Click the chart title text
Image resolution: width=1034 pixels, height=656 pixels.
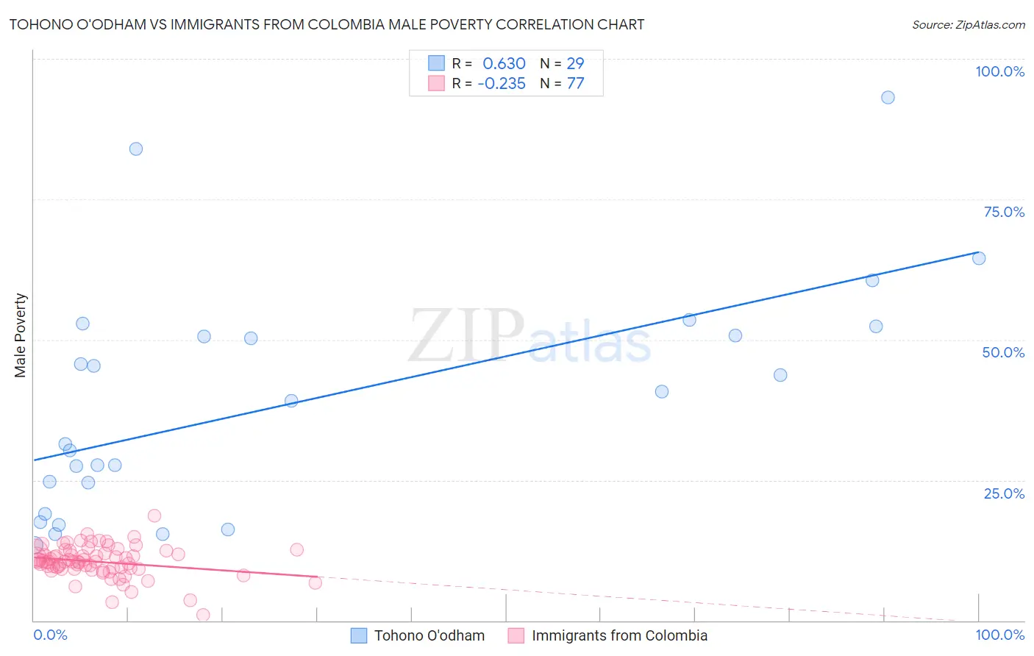pyautogui.click(x=327, y=24)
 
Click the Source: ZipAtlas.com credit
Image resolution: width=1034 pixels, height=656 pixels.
pyautogui.click(x=968, y=24)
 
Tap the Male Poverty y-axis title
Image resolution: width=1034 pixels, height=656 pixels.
pyautogui.click(x=20, y=335)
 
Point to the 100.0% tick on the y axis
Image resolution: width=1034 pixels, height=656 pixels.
pyautogui.click(x=999, y=71)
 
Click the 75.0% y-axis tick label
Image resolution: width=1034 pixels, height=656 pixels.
pyautogui.click(x=1004, y=212)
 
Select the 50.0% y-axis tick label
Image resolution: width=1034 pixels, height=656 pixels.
pyautogui.click(x=1003, y=352)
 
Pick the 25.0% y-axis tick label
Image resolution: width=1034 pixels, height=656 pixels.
pyautogui.click(x=1004, y=493)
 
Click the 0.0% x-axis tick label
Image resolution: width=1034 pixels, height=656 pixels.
pyautogui.click(x=50, y=635)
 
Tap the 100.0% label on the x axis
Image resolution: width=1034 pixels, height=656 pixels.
pyautogui.click(x=999, y=635)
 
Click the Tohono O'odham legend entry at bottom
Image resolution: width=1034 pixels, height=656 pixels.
pyautogui.click(x=429, y=635)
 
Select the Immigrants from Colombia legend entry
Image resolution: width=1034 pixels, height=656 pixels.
pyautogui.click(x=619, y=635)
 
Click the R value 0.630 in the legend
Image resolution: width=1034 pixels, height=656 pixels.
pyautogui.click(x=504, y=63)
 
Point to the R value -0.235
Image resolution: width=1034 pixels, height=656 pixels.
pyautogui.click(x=502, y=84)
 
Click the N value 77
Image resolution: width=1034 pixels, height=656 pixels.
pyautogui.click(x=575, y=84)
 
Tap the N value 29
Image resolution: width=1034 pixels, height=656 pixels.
pyautogui.click(x=575, y=63)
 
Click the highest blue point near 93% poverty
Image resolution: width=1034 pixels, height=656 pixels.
pyautogui.click(x=888, y=97)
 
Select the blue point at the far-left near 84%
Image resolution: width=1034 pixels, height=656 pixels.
pyautogui.click(x=136, y=149)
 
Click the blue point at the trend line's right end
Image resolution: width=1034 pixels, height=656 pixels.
pyautogui.click(x=979, y=258)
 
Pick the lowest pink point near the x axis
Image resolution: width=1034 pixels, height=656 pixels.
pyautogui.click(x=204, y=615)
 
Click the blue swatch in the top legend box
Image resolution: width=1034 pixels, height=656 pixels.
pyautogui.click(x=437, y=63)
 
